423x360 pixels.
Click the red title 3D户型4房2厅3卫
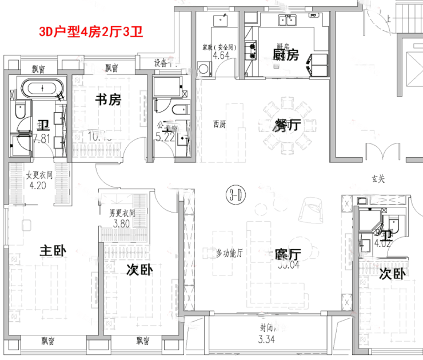pos(91,31)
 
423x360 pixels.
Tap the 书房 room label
pos(108,101)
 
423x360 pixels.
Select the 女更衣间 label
pos(39,175)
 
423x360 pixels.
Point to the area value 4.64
pos(221,56)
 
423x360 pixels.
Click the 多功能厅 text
pos(230,253)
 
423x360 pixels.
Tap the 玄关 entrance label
pos(378,180)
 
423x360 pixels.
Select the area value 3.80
pos(121,223)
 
